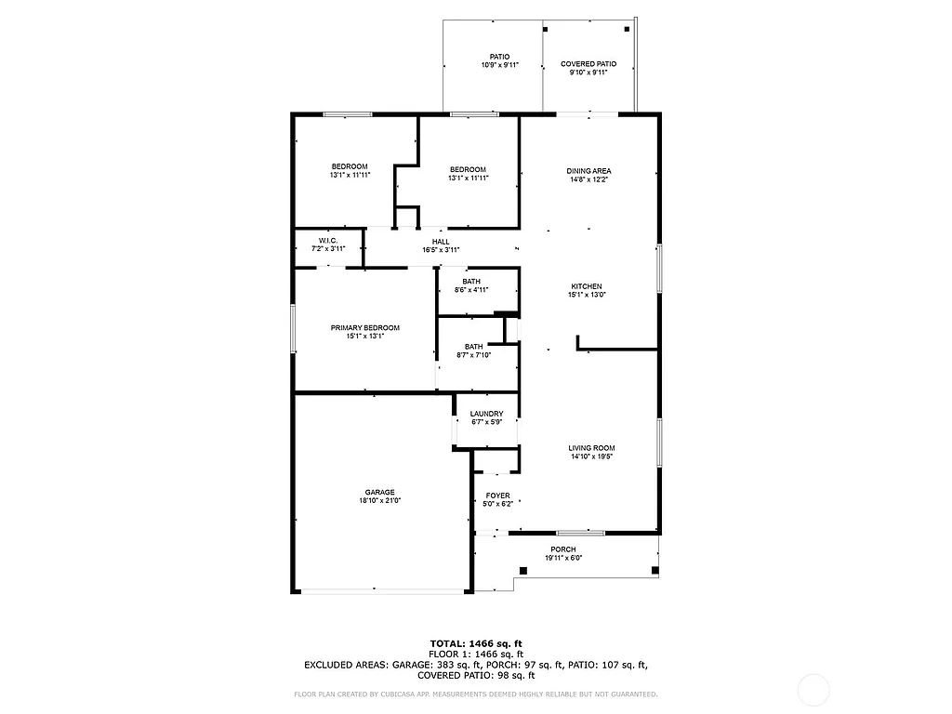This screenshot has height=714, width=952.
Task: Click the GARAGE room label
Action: click(379, 492)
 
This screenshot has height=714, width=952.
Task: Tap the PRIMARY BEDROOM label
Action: click(365, 327)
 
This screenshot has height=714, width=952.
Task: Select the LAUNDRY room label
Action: click(486, 414)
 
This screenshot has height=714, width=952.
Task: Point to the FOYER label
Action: click(497, 496)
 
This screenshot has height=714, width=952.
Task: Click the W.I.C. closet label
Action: click(327, 241)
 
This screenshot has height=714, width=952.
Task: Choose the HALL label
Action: click(441, 242)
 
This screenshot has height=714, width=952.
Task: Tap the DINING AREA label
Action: click(589, 171)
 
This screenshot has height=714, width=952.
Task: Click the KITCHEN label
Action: click(587, 286)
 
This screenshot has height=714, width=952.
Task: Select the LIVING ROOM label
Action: click(592, 448)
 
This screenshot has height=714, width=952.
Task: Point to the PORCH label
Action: click(563, 549)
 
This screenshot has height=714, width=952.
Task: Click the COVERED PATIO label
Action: click(588, 64)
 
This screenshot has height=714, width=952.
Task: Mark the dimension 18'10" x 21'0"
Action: click(379, 500)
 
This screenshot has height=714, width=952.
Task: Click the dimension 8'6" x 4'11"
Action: click(471, 290)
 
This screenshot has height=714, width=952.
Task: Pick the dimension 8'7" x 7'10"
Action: click(474, 354)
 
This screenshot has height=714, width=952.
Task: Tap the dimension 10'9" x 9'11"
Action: click(500, 65)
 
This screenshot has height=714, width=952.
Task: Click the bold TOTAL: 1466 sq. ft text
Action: click(476, 643)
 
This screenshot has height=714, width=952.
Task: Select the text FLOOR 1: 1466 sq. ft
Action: click(476, 654)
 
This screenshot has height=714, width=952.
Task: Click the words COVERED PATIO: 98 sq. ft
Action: click(476, 676)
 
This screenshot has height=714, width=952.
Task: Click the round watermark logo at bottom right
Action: click(814, 690)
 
